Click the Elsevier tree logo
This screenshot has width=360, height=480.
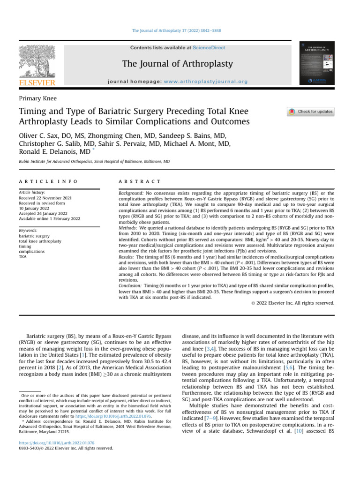coord(37,62)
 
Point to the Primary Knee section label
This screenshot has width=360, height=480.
coord(37,98)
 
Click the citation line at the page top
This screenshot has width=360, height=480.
coord(180,30)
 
